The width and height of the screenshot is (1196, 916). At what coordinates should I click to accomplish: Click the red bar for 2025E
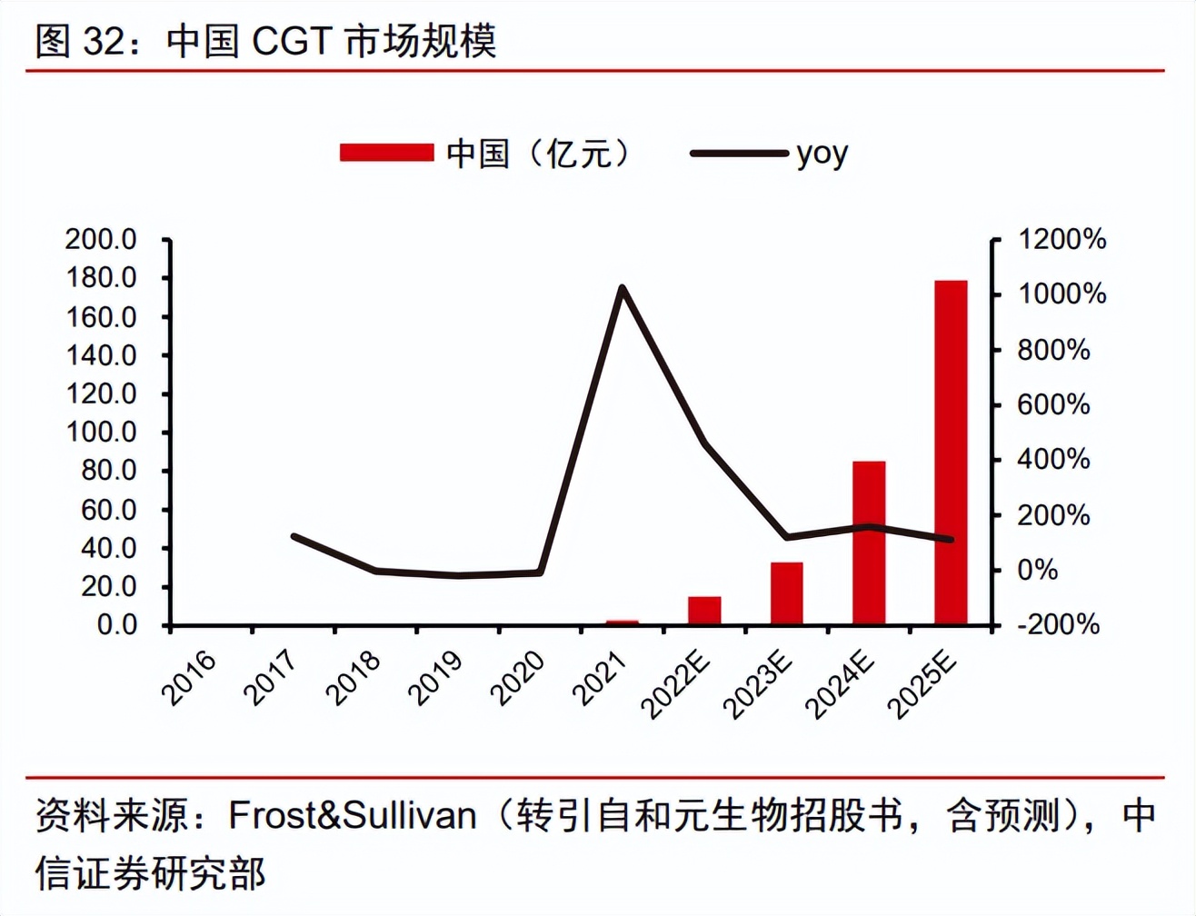951,453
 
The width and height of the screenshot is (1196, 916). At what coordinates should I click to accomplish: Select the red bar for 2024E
869,543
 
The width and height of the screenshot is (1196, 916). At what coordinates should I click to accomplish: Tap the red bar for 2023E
786,593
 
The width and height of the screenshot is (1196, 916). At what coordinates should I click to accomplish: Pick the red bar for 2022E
704,611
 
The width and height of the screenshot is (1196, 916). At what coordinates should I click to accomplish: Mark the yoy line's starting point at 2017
294,536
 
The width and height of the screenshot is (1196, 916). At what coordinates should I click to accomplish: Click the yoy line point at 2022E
704,443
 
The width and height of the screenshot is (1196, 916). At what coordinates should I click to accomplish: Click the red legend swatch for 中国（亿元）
386,153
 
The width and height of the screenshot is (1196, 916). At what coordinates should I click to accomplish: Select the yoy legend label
822,154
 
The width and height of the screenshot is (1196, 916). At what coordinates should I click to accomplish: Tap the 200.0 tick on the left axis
101,240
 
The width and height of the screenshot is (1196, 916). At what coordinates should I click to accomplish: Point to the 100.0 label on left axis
101,433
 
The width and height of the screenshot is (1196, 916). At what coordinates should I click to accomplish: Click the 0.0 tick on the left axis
116,625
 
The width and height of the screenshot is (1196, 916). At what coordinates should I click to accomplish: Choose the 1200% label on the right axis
1061,240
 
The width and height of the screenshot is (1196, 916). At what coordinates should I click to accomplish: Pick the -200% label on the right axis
1058,625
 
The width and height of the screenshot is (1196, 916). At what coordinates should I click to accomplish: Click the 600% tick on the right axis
1053,405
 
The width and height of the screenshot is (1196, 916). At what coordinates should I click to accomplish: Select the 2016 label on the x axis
190,677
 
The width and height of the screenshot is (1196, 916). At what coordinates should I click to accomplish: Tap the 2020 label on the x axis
518,677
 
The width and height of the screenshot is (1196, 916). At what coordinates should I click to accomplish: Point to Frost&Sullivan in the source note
353,815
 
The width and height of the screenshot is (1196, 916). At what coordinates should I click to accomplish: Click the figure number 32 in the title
105,42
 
